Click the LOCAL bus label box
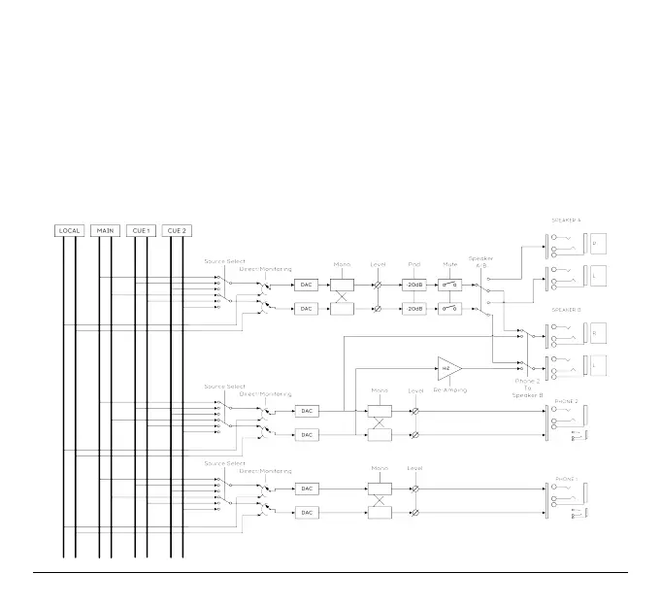click(x=69, y=231)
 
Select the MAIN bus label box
click(x=106, y=231)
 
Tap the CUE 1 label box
click(x=142, y=231)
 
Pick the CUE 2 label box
click(x=176, y=231)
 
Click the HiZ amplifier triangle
click(x=449, y=369)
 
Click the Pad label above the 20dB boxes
click(x=414, y=264)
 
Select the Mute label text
click(x=450, y=264)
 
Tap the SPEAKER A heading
click(x=566, y=221)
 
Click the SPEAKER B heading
click(x=566, y=310)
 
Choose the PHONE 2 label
click(x=566, y=400)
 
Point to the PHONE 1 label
click(x=566, y=478)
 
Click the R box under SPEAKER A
click(x=598, y=243)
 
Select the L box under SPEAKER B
click(x=598, y=366)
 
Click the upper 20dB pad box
click(x=414, y=285)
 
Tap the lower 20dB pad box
click(x=414, y=308)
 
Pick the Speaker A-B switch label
click(x=481, y=262)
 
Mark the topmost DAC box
click(x=307, y=285)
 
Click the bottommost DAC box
click(x=307, y=512)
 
